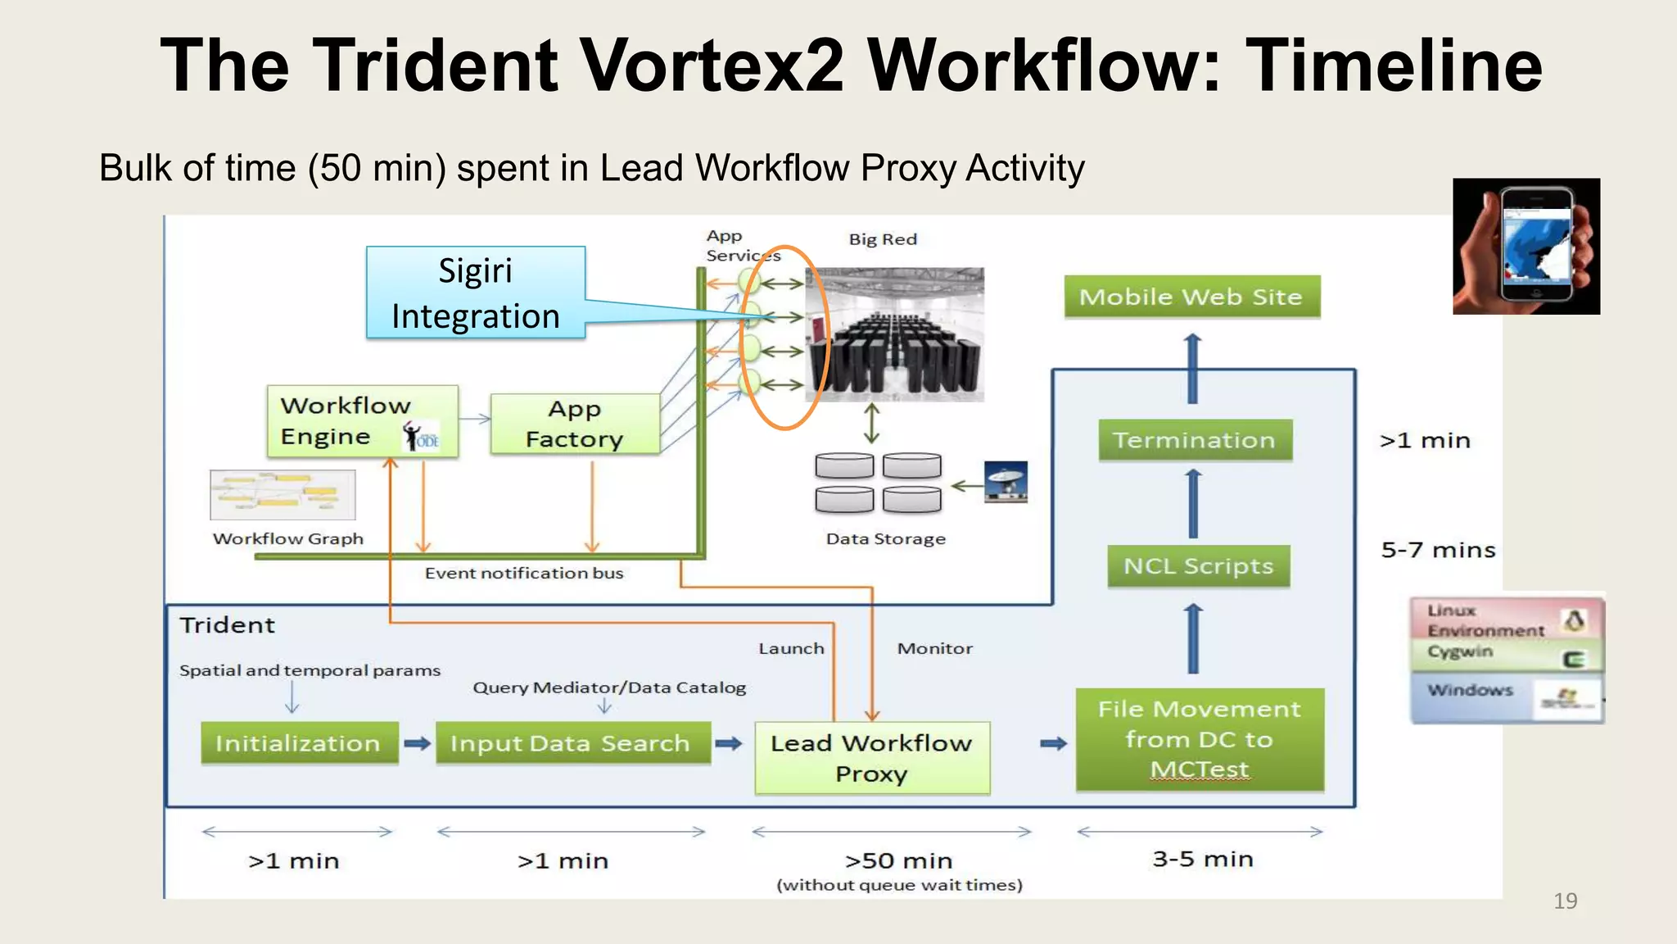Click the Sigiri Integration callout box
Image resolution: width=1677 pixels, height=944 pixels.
[476, 293]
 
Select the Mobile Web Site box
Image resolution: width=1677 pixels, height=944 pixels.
[1191, 297]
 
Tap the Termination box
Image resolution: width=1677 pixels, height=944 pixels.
[1195, 440]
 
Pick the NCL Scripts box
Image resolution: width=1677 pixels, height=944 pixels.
[1198, 566]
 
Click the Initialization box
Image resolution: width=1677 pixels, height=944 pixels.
[299, 743]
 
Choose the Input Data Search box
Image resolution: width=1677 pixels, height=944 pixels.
[572, 743]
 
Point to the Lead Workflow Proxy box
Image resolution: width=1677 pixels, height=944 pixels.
[871, 758]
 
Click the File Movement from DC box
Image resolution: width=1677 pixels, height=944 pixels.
[1200, 739]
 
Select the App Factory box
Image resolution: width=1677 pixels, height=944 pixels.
[575, 424]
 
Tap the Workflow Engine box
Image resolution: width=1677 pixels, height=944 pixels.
[361, 421]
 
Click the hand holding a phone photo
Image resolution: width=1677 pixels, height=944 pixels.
[1526, 246]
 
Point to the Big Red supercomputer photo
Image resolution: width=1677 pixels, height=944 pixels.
[895, 334]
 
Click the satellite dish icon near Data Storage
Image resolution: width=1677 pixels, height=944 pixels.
[1006, 482]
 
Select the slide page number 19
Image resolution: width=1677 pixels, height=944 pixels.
[1565, 901]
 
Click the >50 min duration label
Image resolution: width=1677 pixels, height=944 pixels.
[898, 861]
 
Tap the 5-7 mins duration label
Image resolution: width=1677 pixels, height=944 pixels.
[1438, 550]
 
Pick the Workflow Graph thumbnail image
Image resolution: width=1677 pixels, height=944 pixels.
[283, 495]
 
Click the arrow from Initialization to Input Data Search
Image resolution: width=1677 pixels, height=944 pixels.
[417, 743]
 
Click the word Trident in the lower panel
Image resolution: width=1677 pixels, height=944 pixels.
[227, 625]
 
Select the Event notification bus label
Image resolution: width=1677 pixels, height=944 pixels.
[524, 574]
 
